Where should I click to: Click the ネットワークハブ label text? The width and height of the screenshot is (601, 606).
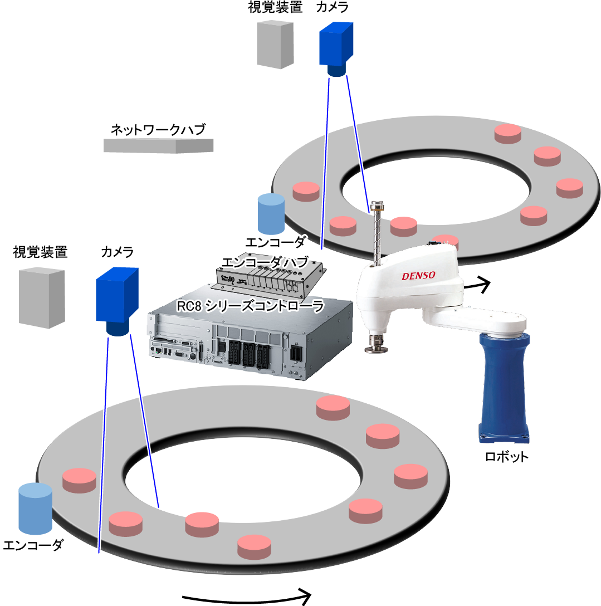tap(158, 130)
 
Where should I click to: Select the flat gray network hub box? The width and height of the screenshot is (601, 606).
tap(158, 145)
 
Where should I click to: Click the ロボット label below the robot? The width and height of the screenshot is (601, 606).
tap(506, 457)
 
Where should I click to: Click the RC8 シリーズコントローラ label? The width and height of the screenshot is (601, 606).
tap(250, 306)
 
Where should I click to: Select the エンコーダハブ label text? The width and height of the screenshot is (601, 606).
tap(264, 262)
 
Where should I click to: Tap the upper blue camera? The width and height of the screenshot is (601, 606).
tap(336, 48)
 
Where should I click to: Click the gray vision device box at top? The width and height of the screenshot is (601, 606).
tap(275, 45)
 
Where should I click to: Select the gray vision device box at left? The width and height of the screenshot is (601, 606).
tap(41, 297)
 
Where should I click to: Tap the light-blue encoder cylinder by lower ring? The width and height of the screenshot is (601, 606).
tap(35, 508)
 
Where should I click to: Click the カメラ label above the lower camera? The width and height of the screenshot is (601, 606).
tap(117, 252)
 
